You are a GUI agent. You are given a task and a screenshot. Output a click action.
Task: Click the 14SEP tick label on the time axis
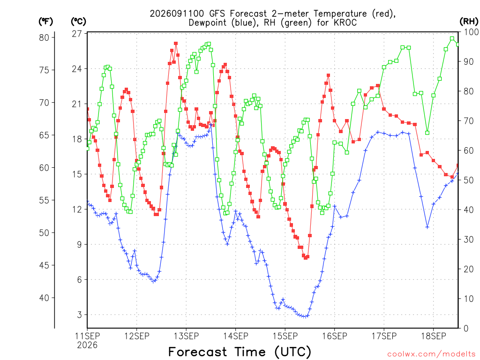tap(235, 336)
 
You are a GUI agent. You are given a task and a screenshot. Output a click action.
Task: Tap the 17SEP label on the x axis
tap(384, 336)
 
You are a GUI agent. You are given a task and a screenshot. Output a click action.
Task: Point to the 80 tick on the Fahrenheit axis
tap(44, 37)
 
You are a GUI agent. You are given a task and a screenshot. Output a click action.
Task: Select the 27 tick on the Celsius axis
tap(77, 34)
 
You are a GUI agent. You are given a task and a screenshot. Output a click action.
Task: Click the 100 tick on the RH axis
tap(471, 32)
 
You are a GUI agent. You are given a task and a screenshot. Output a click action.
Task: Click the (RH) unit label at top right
tap(469, 21)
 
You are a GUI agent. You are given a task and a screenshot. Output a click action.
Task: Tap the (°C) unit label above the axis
tap(78, 21)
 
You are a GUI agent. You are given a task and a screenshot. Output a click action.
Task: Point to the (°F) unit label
tap(45, 21)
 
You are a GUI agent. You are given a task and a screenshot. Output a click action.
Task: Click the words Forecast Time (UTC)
tap(240, 352)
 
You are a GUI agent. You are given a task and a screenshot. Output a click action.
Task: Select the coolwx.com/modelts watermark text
tap(431, 354)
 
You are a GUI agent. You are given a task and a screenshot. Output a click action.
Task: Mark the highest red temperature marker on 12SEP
tap(176, 44)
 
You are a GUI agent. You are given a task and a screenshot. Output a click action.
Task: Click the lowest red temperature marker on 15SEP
tap(306, 258)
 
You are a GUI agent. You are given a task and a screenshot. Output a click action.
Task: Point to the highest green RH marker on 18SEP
tap(452, 38)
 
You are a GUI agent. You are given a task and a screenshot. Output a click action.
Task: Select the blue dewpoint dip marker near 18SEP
tap(427, 227)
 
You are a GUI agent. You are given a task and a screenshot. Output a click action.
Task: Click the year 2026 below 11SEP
tap(87, 345)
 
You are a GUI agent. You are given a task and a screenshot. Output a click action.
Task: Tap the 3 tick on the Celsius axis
tap(80, 315)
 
